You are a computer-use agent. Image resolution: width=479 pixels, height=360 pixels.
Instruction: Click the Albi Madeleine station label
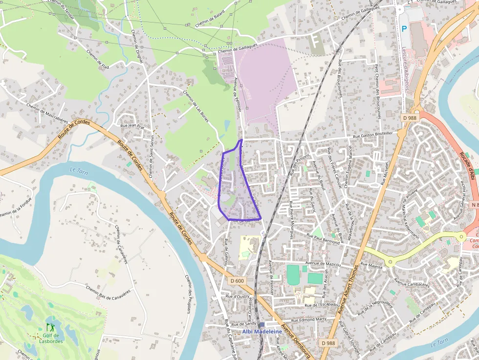coord(262,332)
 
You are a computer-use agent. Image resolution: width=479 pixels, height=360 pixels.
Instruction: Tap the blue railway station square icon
coord(262,324)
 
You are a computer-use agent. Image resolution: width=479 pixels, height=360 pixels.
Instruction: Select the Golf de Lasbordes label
coord(50,338)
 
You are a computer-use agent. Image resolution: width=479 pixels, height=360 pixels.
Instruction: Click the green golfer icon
coord(50,327)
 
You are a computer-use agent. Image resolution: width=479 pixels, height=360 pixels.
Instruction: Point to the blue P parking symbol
coord(404,29)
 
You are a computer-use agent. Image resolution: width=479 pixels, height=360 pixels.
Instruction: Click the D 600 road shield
coord(236,280)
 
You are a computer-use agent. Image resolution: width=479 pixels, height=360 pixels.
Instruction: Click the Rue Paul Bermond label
coord(323,238)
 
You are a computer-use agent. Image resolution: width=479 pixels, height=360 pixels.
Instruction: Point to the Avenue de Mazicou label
coord(323,263)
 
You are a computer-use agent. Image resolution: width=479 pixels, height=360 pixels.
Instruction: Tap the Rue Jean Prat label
coord(132,126)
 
